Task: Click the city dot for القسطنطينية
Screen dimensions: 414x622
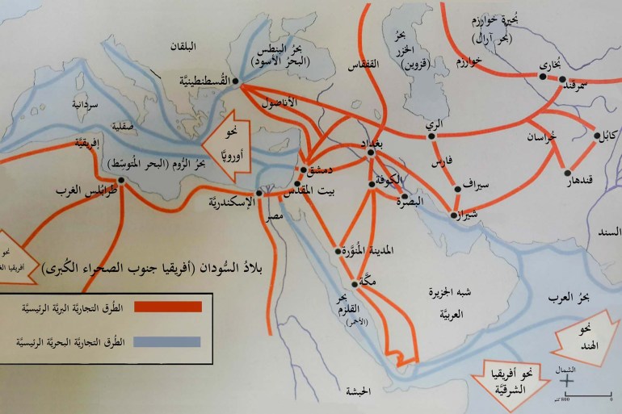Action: coord(235,81)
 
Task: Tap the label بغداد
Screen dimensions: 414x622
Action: coord(368,143)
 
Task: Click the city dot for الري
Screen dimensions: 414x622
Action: coord(432,136)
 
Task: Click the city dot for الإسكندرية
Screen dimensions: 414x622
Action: coord(259,194)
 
